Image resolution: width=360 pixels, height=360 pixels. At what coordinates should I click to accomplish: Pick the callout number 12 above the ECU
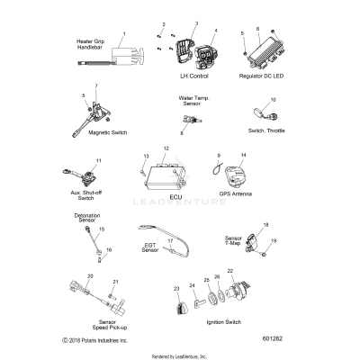166,148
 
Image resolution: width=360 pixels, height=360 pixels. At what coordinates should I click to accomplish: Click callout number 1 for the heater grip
124,34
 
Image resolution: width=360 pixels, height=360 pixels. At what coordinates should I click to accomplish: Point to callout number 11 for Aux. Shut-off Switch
99,160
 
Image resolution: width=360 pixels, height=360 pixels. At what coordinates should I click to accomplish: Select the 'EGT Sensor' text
150,247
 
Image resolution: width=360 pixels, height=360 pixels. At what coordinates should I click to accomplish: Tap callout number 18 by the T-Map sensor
265,224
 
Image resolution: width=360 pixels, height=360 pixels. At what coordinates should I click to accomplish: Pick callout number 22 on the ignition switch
229,271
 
